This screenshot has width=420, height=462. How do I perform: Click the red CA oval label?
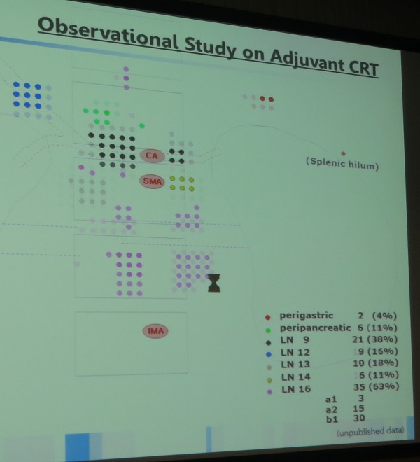pos(152,155)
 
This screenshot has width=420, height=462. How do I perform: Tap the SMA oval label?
pos(152,181)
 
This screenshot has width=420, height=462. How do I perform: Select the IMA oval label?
pos(155,331)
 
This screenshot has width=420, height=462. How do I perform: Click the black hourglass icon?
pos(214,283)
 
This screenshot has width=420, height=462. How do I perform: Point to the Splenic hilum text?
pos(342,164)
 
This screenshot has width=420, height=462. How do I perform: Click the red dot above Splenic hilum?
pos(343,153)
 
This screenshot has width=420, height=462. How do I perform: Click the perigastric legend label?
pos(306,316)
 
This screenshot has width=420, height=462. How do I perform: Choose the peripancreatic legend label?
pos(316,328)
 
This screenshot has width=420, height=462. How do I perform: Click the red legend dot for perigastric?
pos(267,317)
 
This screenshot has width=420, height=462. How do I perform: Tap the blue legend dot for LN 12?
pos(269,354)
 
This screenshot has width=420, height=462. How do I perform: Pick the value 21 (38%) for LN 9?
pos(375,339)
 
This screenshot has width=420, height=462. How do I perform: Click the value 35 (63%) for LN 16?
pos(377,386)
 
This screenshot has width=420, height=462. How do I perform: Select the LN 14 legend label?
pos(295,377)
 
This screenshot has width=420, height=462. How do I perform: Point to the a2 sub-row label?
pos(332,409)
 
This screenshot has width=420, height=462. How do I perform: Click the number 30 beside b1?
pos(359,418)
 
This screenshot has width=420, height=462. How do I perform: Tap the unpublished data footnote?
pos(370,432)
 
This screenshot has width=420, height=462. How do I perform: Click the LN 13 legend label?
pos(295,365)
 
